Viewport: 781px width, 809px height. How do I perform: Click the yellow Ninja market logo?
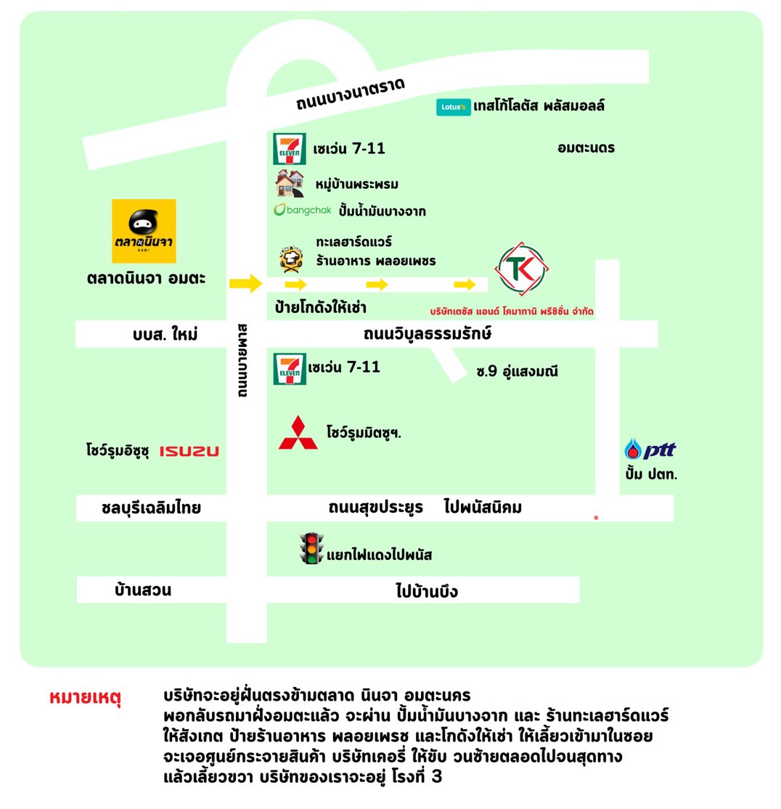point(144,231)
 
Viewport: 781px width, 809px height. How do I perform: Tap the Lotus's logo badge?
point(453,107)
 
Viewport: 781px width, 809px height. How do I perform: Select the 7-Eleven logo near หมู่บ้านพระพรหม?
point(289,149)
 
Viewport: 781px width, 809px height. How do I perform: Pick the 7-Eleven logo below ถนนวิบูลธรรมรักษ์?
point(290,369)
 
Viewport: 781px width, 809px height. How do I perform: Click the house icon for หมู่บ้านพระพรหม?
point(289,184)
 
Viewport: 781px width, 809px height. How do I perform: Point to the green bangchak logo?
point(302,210)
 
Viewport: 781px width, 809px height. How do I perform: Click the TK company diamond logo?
point(522,269)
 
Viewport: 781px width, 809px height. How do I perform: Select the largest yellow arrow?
point(246,283)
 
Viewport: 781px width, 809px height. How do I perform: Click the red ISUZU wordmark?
point(189,452)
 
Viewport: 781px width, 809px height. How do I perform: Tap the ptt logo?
point(650,450)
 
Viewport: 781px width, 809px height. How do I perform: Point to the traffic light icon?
point(311,548)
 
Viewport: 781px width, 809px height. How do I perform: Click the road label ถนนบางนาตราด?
point(351,94)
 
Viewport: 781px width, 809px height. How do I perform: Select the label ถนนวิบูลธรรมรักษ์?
point(428,334)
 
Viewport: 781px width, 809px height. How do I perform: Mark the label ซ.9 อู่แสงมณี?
point(517,372)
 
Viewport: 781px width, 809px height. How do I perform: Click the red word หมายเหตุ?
point(86,698)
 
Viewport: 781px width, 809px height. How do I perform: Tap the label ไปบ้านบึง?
point(426,590)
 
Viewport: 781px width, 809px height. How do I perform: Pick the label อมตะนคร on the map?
point(586,148)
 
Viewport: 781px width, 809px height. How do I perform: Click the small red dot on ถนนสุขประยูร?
point(596,518)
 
